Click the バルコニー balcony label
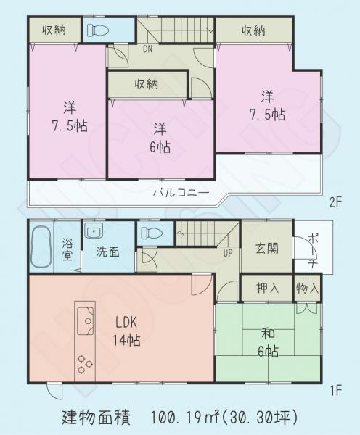tap(181, 193)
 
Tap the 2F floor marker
tap(334, 203)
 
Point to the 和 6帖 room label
tap(269, 343)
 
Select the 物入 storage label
tap(308, 288)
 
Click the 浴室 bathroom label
tap(66, 250)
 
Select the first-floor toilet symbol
tap(150, 233)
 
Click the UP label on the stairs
tap(227, 254)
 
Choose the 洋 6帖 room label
tap(161, 137)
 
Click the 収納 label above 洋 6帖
tap(147, 85)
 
